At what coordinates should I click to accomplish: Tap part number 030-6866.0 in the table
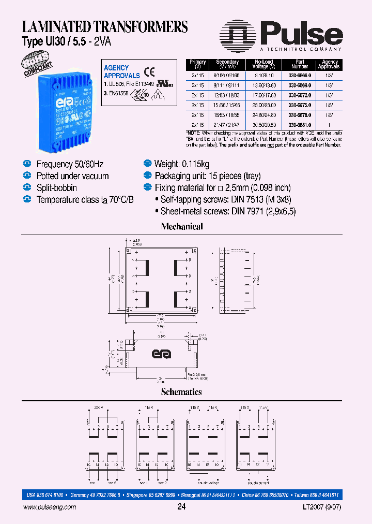click(300, 74)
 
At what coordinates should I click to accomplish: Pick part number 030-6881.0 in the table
click(300, 125)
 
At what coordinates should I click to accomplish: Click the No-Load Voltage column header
click(263, 64)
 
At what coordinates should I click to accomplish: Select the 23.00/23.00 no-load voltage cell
click(263, 105)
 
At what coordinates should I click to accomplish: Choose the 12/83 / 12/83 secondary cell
click(227, 94)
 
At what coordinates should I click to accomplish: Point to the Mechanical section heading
click(182, 226)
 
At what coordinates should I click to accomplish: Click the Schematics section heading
click(181, 392)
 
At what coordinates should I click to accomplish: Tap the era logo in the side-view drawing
click(161, 354)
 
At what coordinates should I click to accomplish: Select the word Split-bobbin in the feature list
click(57, 187)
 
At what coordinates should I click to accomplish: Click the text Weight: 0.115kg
click(182, 164)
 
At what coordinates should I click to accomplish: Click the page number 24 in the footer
click(181, 507)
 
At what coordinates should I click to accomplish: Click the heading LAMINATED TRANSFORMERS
click(104, 26)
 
